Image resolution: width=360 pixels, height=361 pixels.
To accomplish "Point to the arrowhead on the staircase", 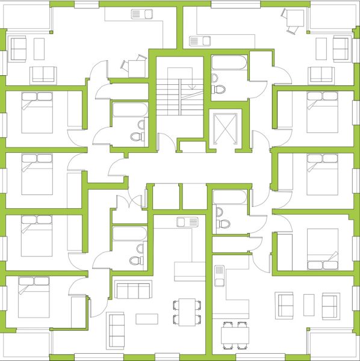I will pos(191,88).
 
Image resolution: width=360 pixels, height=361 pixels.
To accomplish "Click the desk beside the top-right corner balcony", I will pos(296,20).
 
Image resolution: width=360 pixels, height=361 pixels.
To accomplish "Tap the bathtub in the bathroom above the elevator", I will pos(229,63).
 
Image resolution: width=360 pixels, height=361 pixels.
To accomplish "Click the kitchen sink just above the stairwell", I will pos(198,42).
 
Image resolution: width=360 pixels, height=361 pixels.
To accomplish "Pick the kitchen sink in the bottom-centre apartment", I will pos(183,222).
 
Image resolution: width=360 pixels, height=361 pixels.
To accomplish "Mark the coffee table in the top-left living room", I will pos(39,48).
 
